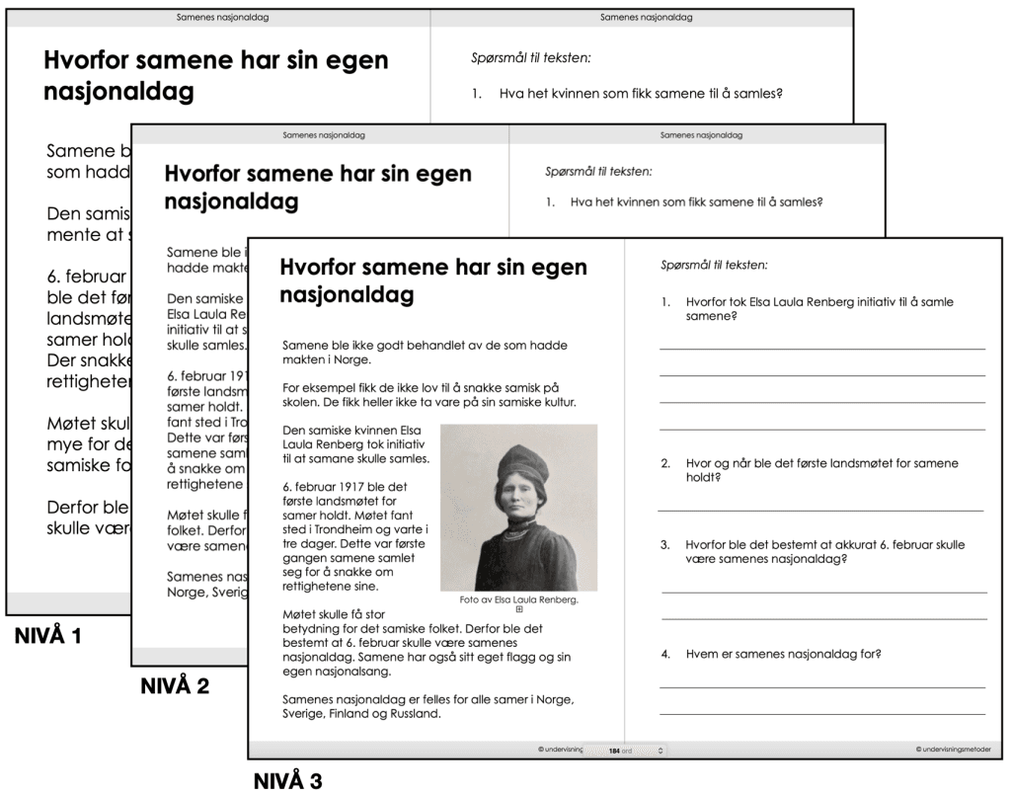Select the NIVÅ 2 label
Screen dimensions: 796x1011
coord(175,685)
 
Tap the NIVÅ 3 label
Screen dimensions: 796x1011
coord(287,782)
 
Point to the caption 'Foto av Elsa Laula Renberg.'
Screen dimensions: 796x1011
coord(518,599)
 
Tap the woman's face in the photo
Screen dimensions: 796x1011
coord(518,501)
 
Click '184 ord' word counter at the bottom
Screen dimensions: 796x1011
coord(620,751)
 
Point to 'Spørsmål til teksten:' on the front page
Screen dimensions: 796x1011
coord(714,265)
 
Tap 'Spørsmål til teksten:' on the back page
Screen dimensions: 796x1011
coord(532,58)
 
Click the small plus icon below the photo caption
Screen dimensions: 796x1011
coord(519,609)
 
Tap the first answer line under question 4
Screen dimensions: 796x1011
coord(821,686)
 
